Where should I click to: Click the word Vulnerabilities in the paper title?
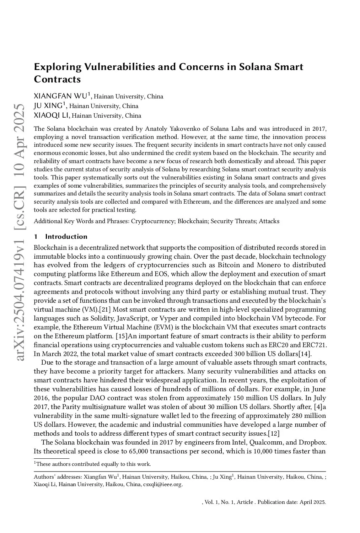click(116, 67)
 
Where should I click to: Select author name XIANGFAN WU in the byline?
click(60, 96)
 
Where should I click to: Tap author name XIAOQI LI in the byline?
click(52, 115)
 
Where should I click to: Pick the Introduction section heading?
click(66, 237)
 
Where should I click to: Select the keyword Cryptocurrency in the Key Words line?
click(153, 221)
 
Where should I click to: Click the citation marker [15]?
click(122, 336)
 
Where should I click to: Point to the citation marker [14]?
click(306, 354)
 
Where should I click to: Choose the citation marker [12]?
click(273, 434)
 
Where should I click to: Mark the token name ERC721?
click(314, 345)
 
